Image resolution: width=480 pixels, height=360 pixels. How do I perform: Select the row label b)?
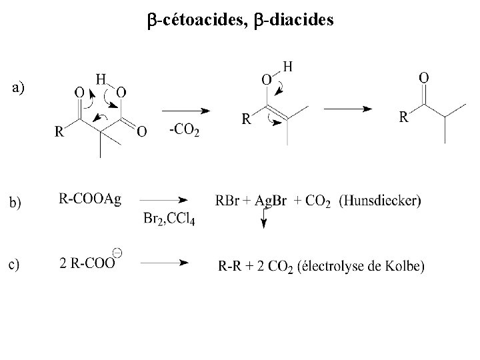(x=15, y=202)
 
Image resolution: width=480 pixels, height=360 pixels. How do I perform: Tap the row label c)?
(x=15, y=265)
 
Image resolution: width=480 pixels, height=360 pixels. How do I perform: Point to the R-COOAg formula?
(x=90, y=199)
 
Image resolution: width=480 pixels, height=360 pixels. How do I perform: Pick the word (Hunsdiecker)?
(x=379, y=201)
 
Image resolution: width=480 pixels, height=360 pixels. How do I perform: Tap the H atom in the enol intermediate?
(x=287, y=67)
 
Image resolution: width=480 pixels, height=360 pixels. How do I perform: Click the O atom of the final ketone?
(x=424, y=78)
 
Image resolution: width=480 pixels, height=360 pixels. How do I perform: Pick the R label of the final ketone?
(x=404, y=118)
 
